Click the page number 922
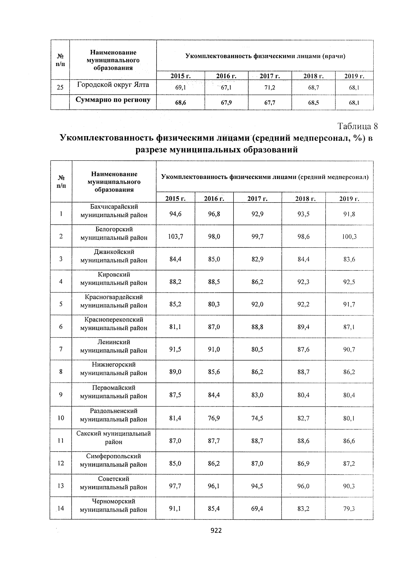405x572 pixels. pos(216,531)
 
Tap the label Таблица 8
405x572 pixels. pos(357,126)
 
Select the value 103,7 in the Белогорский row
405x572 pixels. pos(175,237)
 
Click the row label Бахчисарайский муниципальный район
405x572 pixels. pos(114,211)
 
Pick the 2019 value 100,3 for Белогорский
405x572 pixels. pos(349,237)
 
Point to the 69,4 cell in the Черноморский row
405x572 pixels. pos(257,508)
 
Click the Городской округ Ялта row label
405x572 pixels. pos(113,85)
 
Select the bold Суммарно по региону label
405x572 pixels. pos(113,100)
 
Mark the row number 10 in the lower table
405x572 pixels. pos(61,418)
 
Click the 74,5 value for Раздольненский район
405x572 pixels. pos(257,418)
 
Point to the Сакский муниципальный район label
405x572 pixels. pos(114,438)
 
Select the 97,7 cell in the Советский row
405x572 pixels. pos(175,486)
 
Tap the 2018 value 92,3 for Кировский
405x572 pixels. pos(303,282)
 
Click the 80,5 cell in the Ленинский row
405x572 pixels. pos(257,350)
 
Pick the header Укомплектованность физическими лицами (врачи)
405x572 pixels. pos(265,56)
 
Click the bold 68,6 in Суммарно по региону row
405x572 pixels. pos(181,103)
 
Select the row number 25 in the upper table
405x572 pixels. pos(60,88)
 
